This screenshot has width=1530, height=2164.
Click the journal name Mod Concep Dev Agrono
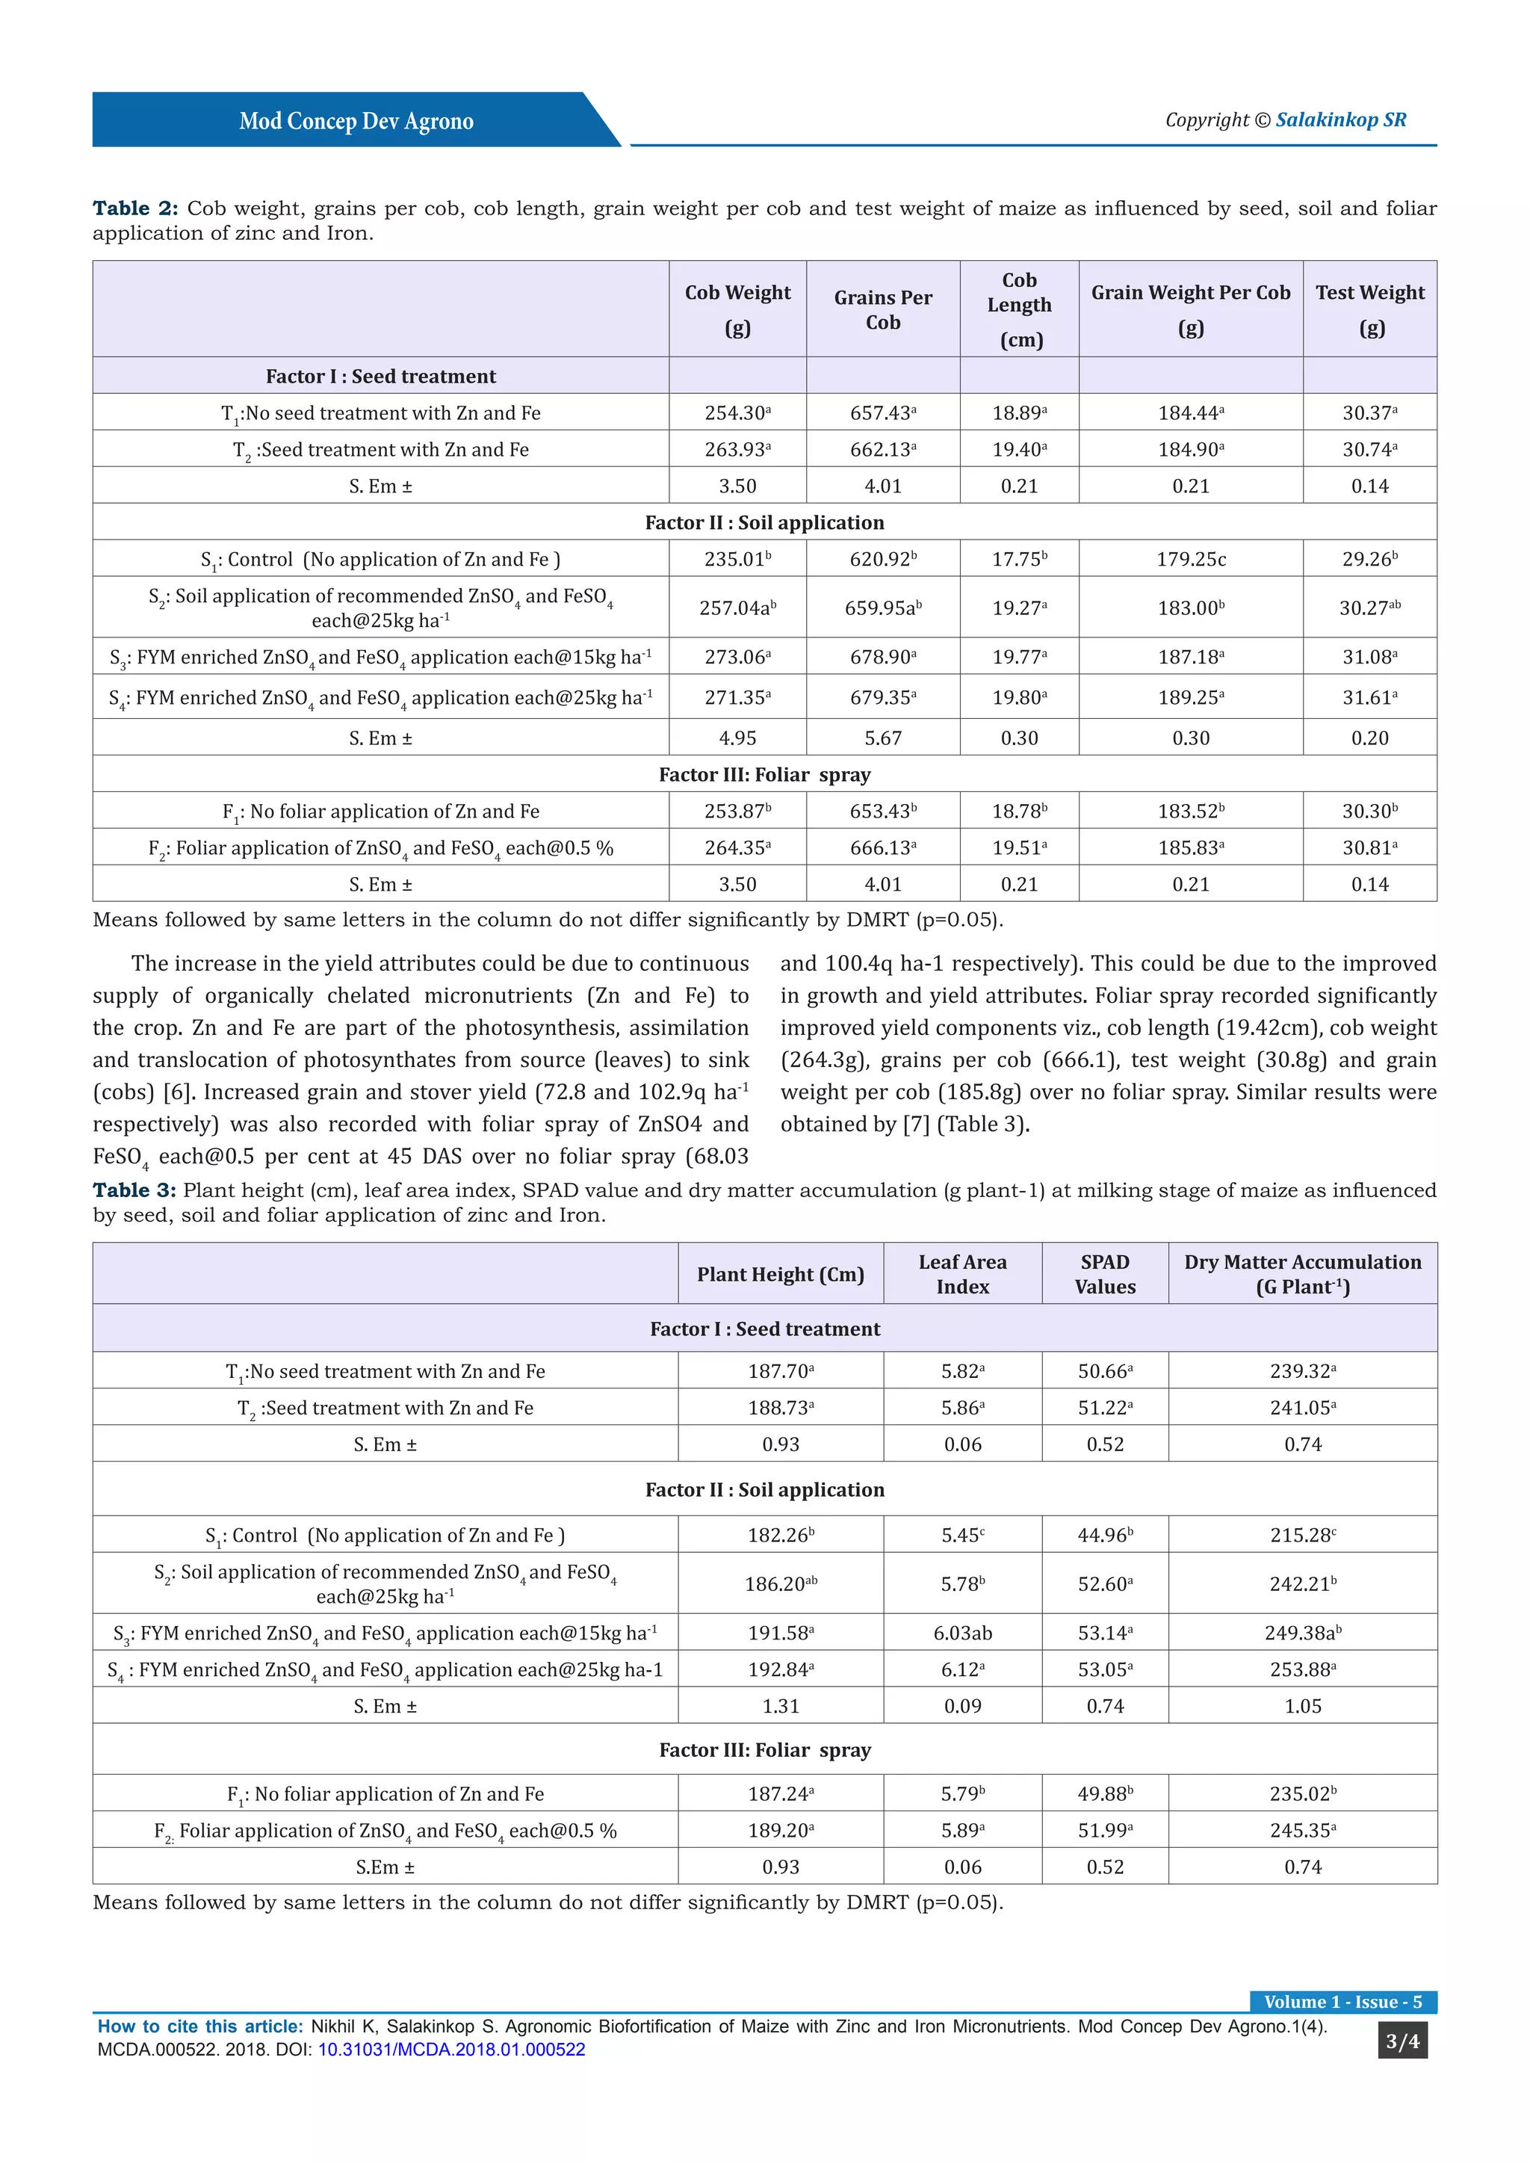click(x=356, y=122)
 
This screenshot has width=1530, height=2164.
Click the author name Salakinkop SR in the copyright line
click(x=1341, y=120)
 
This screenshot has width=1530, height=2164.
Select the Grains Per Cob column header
click(x=883, y=309)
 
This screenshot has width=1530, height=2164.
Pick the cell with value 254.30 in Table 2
click(x=737, y=412)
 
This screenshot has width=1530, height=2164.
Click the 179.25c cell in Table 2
click(x=1191, y=559)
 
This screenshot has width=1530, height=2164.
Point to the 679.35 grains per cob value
click(x=883, y=697)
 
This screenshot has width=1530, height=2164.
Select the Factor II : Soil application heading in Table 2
click(x=764, y=522)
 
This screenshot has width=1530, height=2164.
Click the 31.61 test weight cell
click(x=1370, y=697)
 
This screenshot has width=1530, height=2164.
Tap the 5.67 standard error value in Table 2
click(x=883, y=738)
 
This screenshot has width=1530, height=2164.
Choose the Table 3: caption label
click(x=134, y=1190)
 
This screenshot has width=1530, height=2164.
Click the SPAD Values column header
click(x=1105, y=1274)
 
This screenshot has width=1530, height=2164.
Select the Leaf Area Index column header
click(x=962, y=1274)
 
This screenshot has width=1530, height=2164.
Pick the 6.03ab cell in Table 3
click(x=962, y=1633)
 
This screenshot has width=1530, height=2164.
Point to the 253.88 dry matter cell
click(x=1302, y=1669)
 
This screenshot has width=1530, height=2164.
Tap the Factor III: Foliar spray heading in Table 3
click(x=764, y=1749)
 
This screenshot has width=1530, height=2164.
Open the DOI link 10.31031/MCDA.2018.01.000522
click(x=451, y=2049)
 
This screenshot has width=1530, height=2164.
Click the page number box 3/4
click(x=1402, y=2041)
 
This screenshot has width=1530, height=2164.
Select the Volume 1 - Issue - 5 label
click(x=1342, y=2002)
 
